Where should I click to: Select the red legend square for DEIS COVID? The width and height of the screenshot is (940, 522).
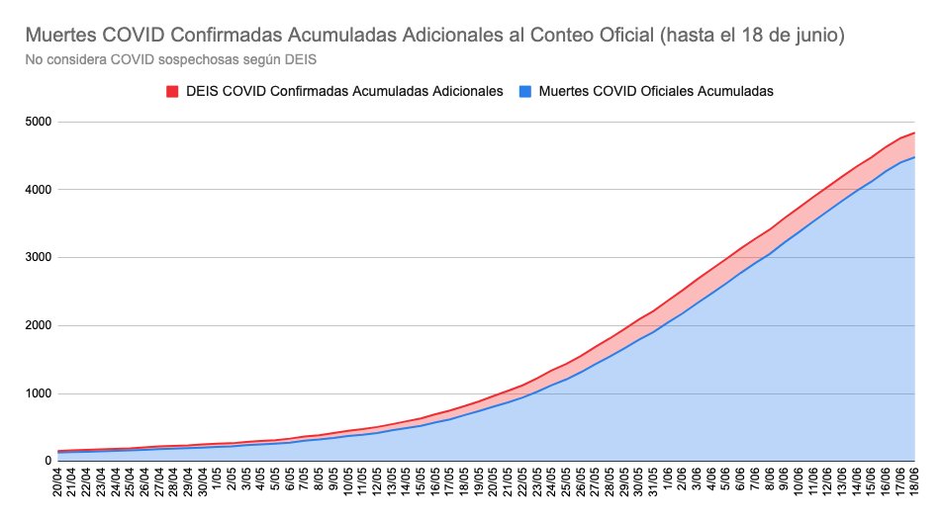[171, 91]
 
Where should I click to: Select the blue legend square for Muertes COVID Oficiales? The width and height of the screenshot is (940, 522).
[524, 91]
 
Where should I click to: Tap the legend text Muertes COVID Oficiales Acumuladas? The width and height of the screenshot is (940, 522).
[656, 91]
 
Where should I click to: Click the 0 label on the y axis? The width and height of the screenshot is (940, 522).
[47, 462]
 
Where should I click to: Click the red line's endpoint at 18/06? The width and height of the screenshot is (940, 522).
[914, 132]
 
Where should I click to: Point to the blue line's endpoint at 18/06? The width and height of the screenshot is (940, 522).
[914, 156]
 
